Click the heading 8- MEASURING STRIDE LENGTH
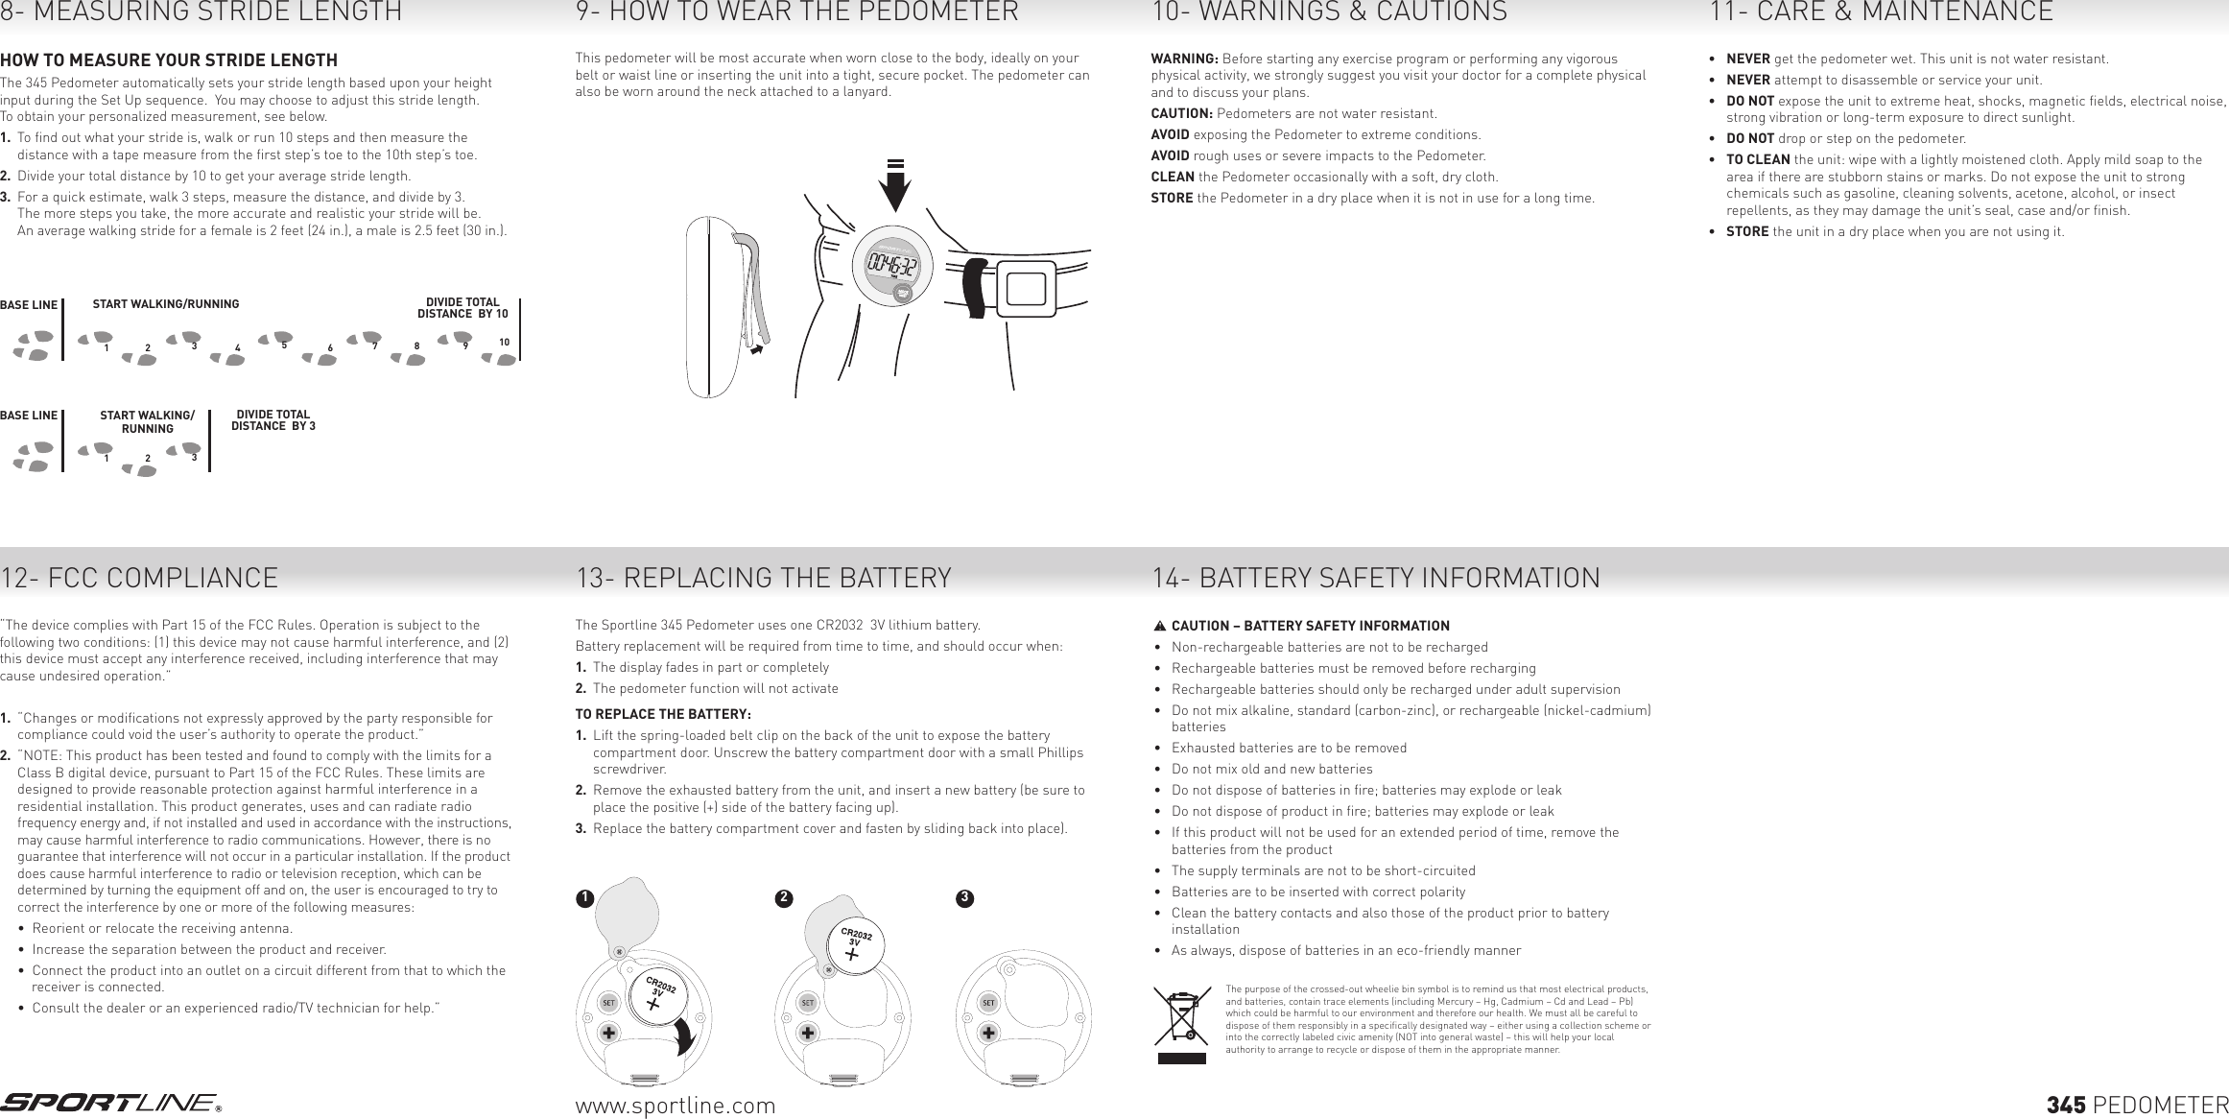tap(201, 13)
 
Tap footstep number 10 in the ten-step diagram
tap(500, 357)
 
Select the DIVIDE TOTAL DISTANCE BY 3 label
tap(273, 420)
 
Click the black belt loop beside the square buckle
tap(976, 286)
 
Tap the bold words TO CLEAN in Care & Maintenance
tap(1757, 159)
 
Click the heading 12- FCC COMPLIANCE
tap(139, 579)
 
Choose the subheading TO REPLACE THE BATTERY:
tap(662, 714)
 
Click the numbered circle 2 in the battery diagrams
tap(784, 898)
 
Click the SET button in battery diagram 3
tap(988, 1003)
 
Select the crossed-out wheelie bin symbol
tap(1181, 1018)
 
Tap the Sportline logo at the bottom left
tap(110, 1104)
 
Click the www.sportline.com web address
tap(675, 1106)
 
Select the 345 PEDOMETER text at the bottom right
tap(2137, 1106)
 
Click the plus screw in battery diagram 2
tap(808, 1033)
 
